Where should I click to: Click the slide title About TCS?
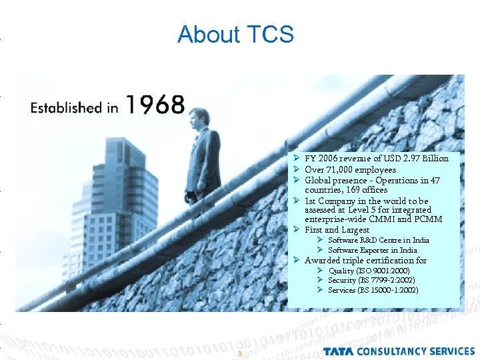click(x=235, y=34)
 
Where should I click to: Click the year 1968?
click(x=155, y=105)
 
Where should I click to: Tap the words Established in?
click(x=74, y=107)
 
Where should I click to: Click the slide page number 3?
click(x=239, y=353)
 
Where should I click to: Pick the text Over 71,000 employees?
click(x=350, y=170)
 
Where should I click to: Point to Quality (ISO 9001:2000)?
click(x=369, y=271)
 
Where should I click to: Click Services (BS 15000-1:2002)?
click(x=373, y=291)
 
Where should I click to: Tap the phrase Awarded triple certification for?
click(x=365, y=261)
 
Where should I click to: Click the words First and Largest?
click(x=337, y=230)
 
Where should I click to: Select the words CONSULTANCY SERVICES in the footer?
click(x=415, y=351)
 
